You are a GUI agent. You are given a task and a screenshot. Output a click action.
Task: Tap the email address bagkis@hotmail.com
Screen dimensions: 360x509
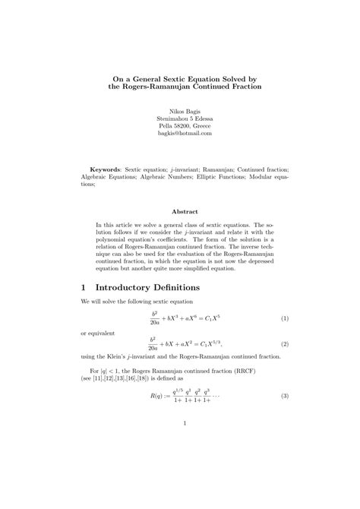click(180, 133)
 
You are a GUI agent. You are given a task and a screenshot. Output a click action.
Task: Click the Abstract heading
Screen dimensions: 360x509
click(180, 211)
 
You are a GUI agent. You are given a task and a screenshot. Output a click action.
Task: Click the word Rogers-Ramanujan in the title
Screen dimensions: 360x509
click(160, 87)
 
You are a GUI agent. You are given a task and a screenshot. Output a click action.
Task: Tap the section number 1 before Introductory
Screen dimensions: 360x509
click(84, 288)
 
